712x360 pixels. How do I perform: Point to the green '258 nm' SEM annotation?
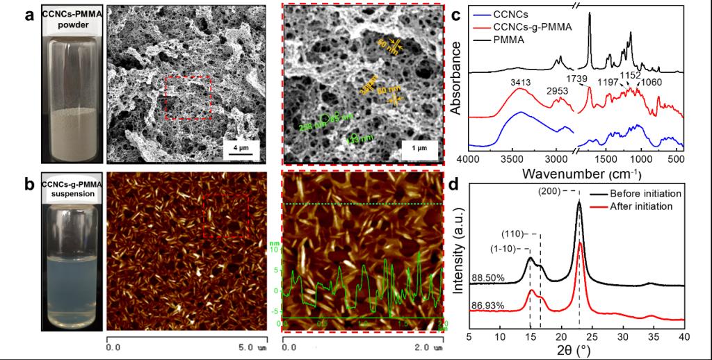[x=309, y=126]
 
